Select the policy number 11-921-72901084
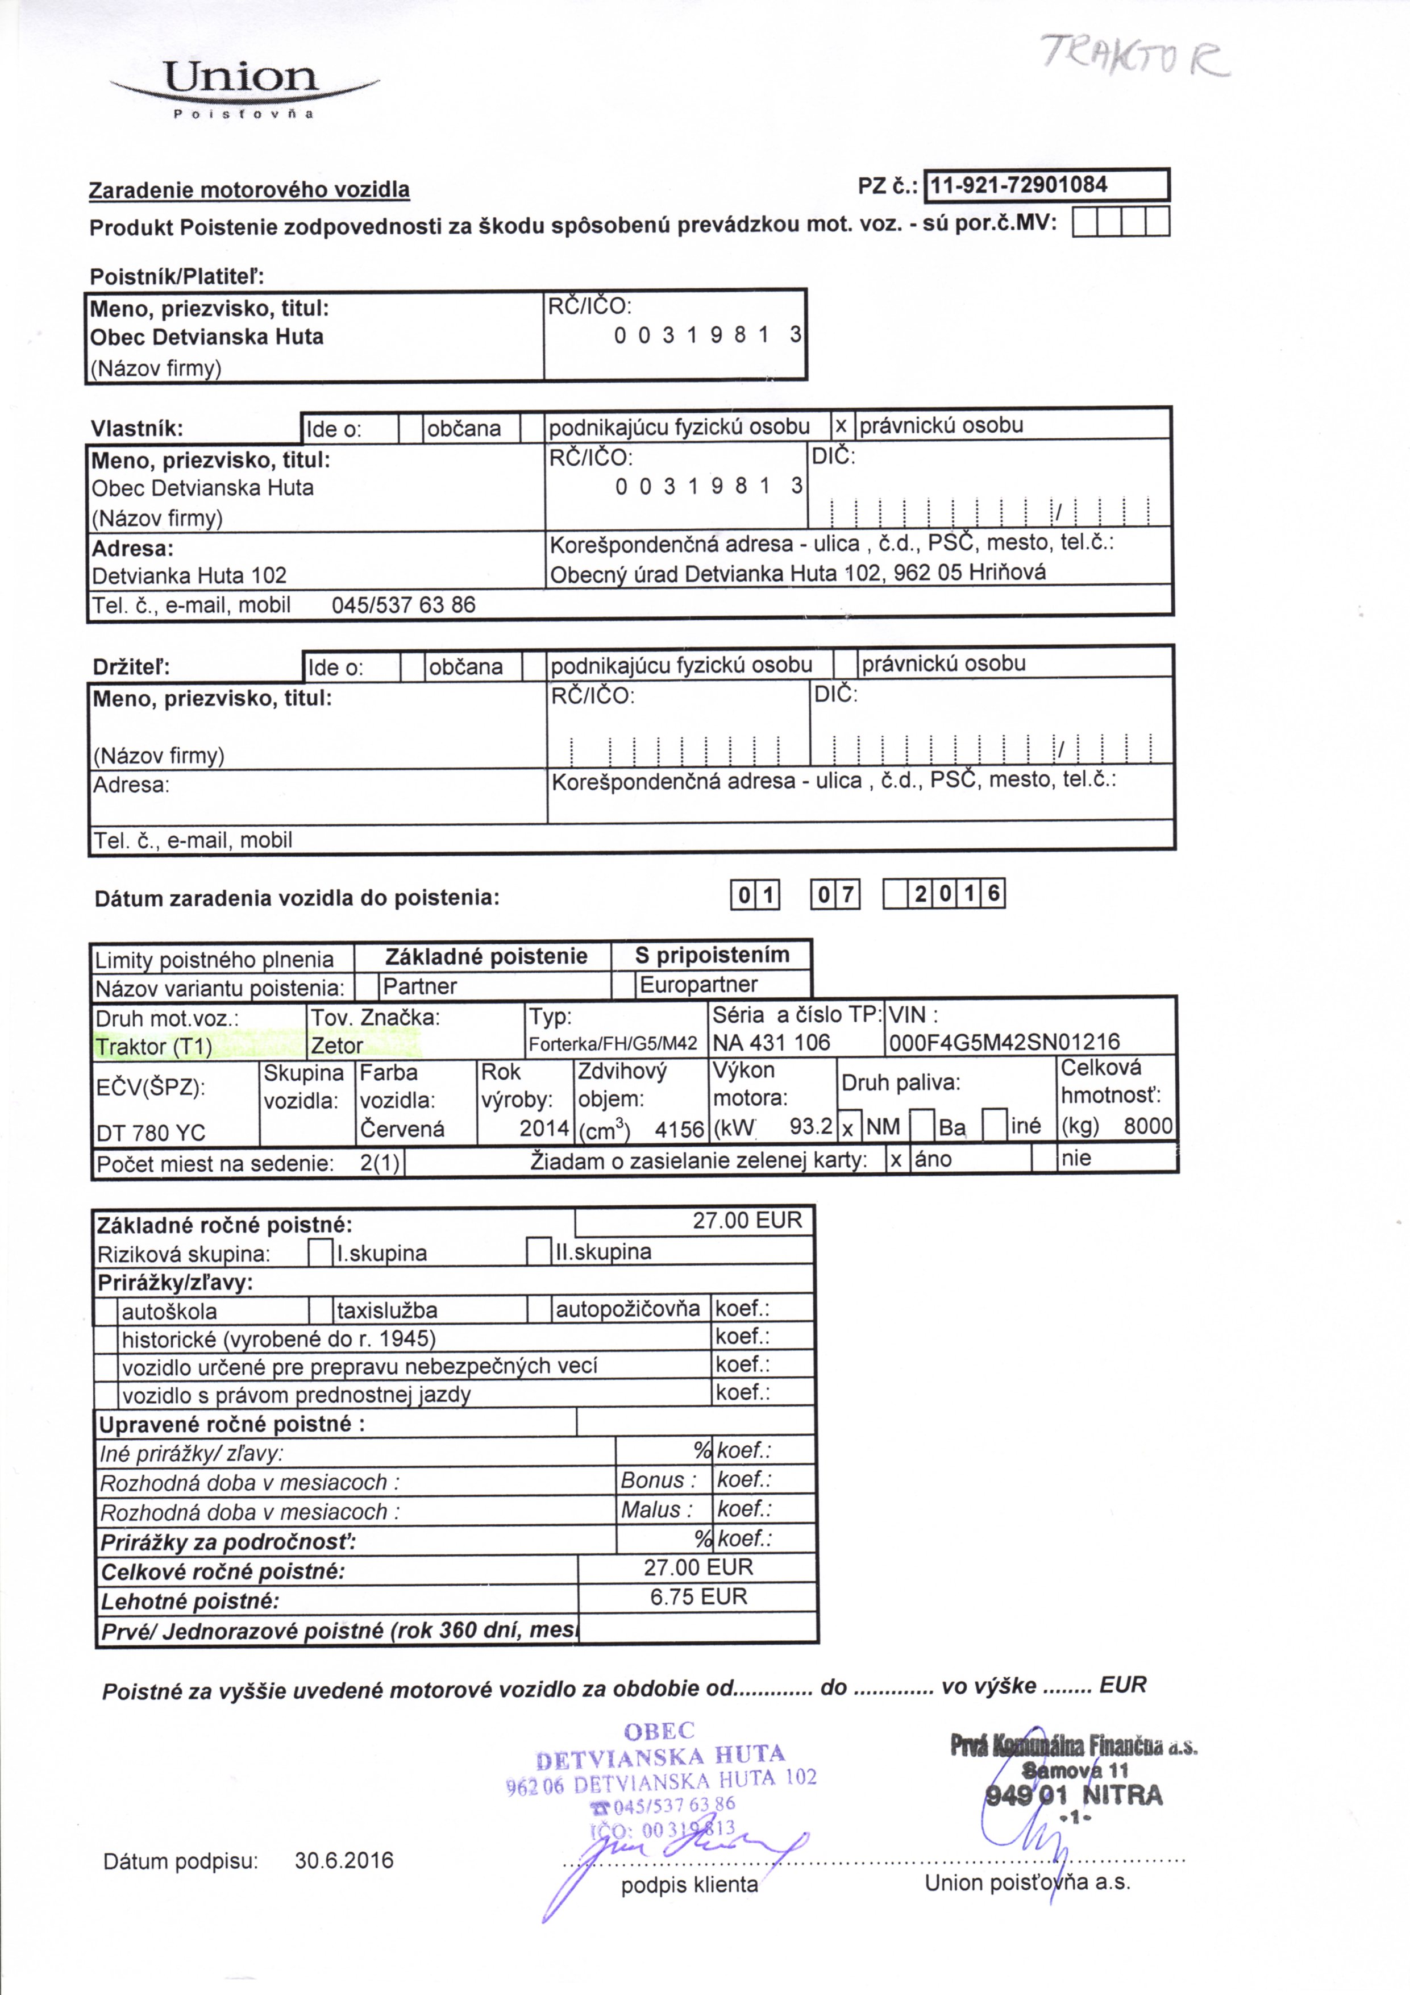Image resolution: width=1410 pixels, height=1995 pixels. pos(1019,185)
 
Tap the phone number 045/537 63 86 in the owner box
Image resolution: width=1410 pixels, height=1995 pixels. pos(404,605)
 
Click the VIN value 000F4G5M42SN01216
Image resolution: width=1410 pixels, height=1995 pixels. pos(1004,1042)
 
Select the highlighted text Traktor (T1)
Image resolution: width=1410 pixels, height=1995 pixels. pos(154,1046)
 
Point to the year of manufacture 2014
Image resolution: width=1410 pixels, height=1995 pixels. pos(543,1128)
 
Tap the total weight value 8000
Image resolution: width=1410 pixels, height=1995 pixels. pos(1147,1126)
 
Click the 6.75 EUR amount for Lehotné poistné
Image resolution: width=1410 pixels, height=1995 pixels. pos(698,1596)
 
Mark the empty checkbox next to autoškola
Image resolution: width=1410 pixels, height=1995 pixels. pos(106,1311)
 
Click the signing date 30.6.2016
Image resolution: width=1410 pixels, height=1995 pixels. pos(344,1860)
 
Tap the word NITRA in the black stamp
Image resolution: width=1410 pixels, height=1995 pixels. pos(1121,1795)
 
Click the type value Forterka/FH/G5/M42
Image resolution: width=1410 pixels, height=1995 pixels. pos(613,1044)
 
